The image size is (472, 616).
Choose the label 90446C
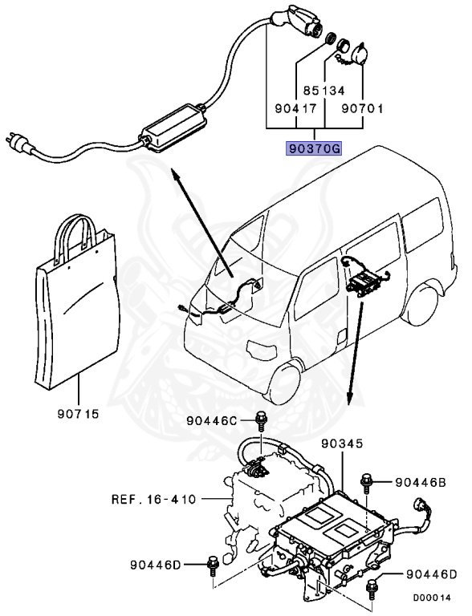click(x=213, y=420)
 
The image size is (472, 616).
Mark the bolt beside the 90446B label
click(x=367, y=480)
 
